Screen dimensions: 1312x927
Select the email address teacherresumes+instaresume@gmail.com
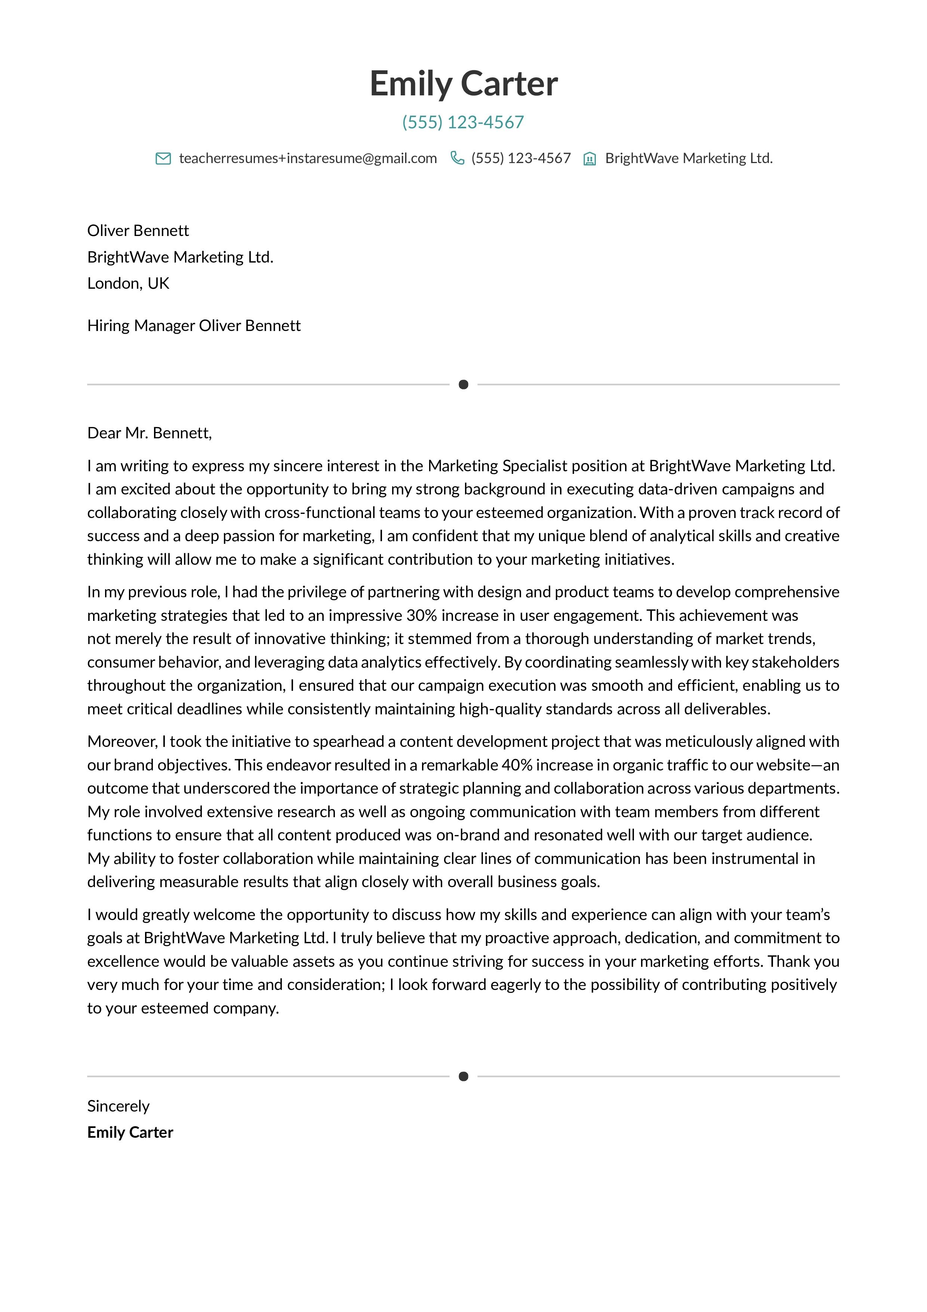click(x=308, y=158)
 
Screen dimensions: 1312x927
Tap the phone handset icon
click(x=457, y=158)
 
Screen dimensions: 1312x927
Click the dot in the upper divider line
click(x=463, y=384)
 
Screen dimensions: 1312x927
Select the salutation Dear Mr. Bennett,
click(x=149, y=433)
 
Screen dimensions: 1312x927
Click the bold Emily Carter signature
click(x=130, y=1132)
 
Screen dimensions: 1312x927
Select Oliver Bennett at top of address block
click(x=138, y=230)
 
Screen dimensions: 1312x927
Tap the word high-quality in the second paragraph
click(x=500, y=709)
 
